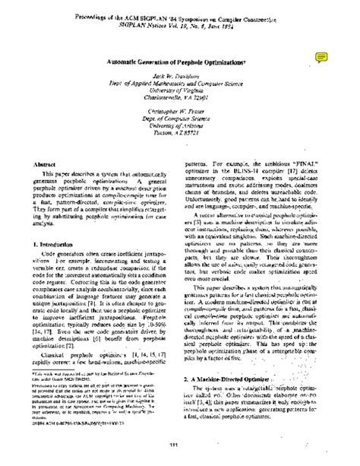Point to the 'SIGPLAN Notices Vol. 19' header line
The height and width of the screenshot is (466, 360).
(180, 24)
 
